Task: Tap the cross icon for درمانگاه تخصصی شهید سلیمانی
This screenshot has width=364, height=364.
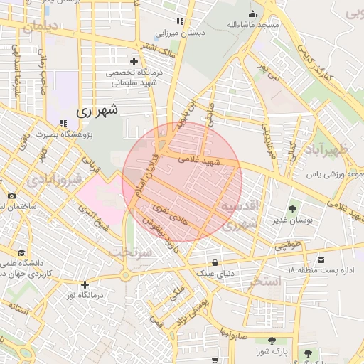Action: tap(134, 61)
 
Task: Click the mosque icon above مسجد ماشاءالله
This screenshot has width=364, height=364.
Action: tap(252, 14)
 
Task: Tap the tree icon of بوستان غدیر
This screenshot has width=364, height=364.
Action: tap(291, 209)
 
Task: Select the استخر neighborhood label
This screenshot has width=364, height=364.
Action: tap(266, 282)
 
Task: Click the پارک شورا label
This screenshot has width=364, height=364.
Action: tap(273, 351)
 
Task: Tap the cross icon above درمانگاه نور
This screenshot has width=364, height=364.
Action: tap(85, 284)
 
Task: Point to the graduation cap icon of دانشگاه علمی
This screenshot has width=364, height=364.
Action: tap(21, 253)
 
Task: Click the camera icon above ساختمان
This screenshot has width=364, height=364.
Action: tap(11, 196)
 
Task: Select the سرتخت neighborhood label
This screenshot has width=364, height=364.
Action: tap(130, 252)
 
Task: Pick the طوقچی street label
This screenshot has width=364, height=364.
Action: tap(288, 245)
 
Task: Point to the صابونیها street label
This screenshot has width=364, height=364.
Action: tap(233, 331)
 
